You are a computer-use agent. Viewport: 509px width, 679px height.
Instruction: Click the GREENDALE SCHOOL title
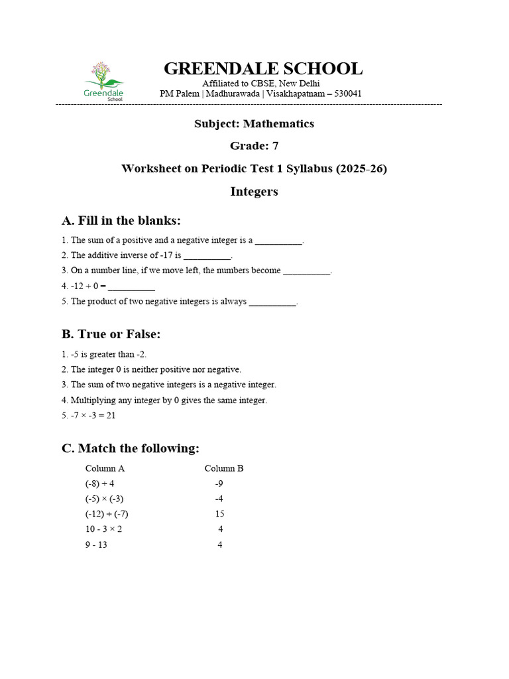(x=262, y=69)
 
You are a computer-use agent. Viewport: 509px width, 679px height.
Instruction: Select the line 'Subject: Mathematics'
(x=254, y=124)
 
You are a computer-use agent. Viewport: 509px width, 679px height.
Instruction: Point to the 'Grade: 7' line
(x=254, y=146)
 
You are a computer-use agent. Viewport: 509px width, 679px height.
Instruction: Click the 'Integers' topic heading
(x=254, y=192)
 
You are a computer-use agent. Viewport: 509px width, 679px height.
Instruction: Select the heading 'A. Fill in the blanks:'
(x=121, y=221)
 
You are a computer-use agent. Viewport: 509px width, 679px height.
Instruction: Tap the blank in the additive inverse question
(x=207, y=256)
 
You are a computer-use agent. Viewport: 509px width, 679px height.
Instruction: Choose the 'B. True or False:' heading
(x=111, y=334)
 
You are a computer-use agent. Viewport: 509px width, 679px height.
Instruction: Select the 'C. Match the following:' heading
(x=131, y=449)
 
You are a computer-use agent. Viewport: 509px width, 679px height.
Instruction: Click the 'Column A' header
(x=105, y=468)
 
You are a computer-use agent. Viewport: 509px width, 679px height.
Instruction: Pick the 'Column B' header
(x=224, y=468)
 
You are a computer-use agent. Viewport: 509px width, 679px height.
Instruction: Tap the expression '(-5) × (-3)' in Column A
(x=105, y=499)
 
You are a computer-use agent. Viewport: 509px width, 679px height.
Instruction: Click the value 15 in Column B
(x=219, y=514)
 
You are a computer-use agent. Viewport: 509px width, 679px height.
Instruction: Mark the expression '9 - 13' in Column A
(x=96, y=545)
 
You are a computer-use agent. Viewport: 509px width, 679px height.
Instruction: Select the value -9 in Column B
(x=219, y=483)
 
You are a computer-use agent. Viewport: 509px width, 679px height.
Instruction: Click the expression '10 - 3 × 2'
(x=103, y=529)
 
